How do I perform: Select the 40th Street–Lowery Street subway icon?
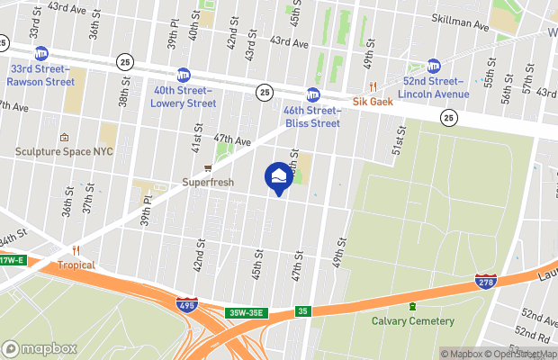[x=184, y=75]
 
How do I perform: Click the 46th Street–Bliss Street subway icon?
[x=313, y=94]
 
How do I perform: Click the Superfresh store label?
[x=208, y=182]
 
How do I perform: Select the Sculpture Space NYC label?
[x=63, y=151]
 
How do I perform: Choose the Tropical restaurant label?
[x=76, y=265]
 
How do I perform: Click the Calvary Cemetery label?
[x=413, y=320]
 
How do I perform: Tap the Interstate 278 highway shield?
[x=483, y=283]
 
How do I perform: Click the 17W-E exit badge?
[x=11, y=261]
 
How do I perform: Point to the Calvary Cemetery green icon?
[x=413, y=307]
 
